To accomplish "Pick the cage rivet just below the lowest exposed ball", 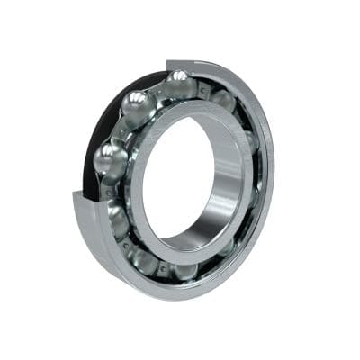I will tap(109, 192).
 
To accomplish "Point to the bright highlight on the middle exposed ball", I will tap(132, 103).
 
